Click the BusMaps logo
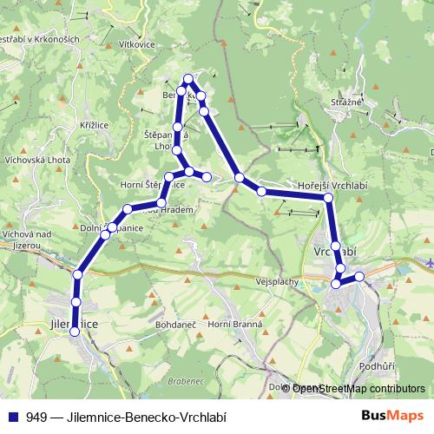tap(388, 417)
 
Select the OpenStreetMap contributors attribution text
tap(358, 389)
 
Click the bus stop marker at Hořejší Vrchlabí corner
tap(328, 199)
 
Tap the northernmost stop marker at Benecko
tap(187, 79)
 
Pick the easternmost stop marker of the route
tap(359, 276)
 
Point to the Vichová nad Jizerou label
tap(28, 240)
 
